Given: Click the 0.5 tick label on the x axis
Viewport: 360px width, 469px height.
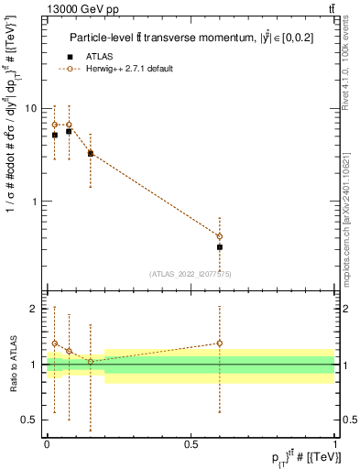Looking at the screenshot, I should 191,442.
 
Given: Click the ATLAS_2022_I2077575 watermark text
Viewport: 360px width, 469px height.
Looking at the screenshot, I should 191,273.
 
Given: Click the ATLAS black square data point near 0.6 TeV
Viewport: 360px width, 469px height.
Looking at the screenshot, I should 220,247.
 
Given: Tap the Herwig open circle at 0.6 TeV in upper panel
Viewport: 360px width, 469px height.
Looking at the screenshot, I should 220,236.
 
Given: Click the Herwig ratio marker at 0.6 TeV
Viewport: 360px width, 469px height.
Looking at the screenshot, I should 220,344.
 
